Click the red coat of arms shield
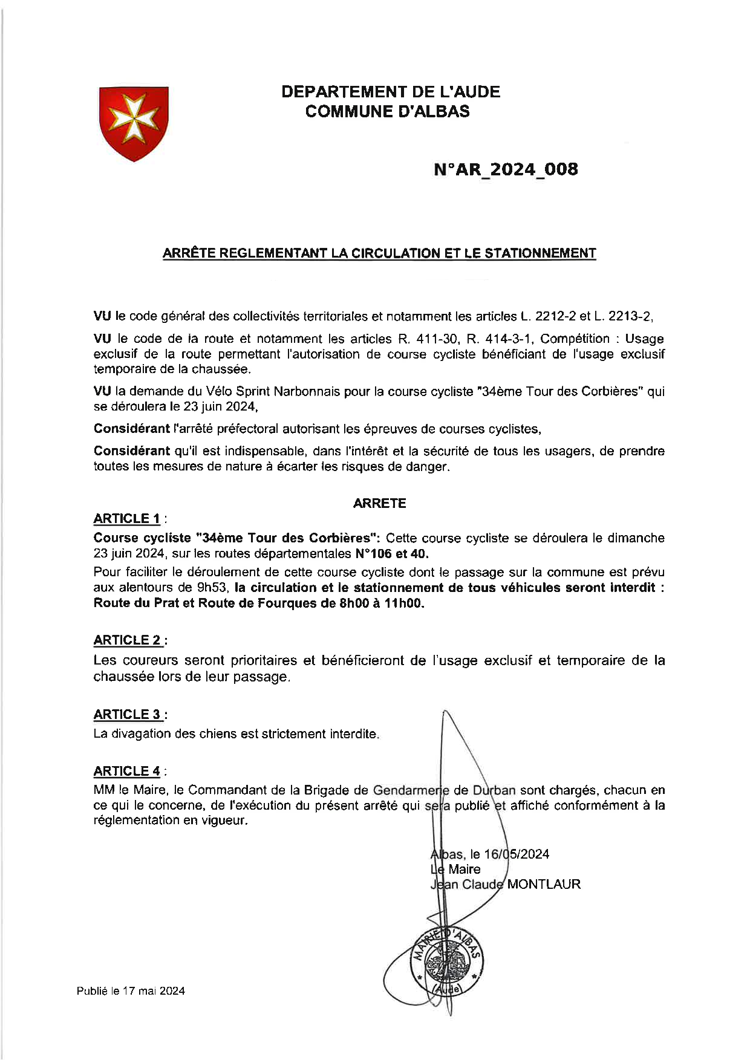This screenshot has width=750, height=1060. pos(133,123)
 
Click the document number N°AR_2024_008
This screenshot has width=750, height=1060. pos(506,169)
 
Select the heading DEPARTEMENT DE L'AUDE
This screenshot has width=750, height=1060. pos(391,93)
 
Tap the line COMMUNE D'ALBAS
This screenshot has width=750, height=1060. pos(387,112)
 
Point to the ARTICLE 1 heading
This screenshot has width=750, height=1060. pos(127,519)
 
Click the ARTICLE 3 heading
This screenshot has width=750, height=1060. pos(128,715)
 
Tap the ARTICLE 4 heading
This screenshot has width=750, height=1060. pos(127,771)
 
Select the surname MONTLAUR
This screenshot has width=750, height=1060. pos(543,884)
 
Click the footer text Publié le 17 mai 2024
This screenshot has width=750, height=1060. pos(131,991)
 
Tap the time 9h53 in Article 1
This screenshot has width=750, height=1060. pos(214,588)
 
